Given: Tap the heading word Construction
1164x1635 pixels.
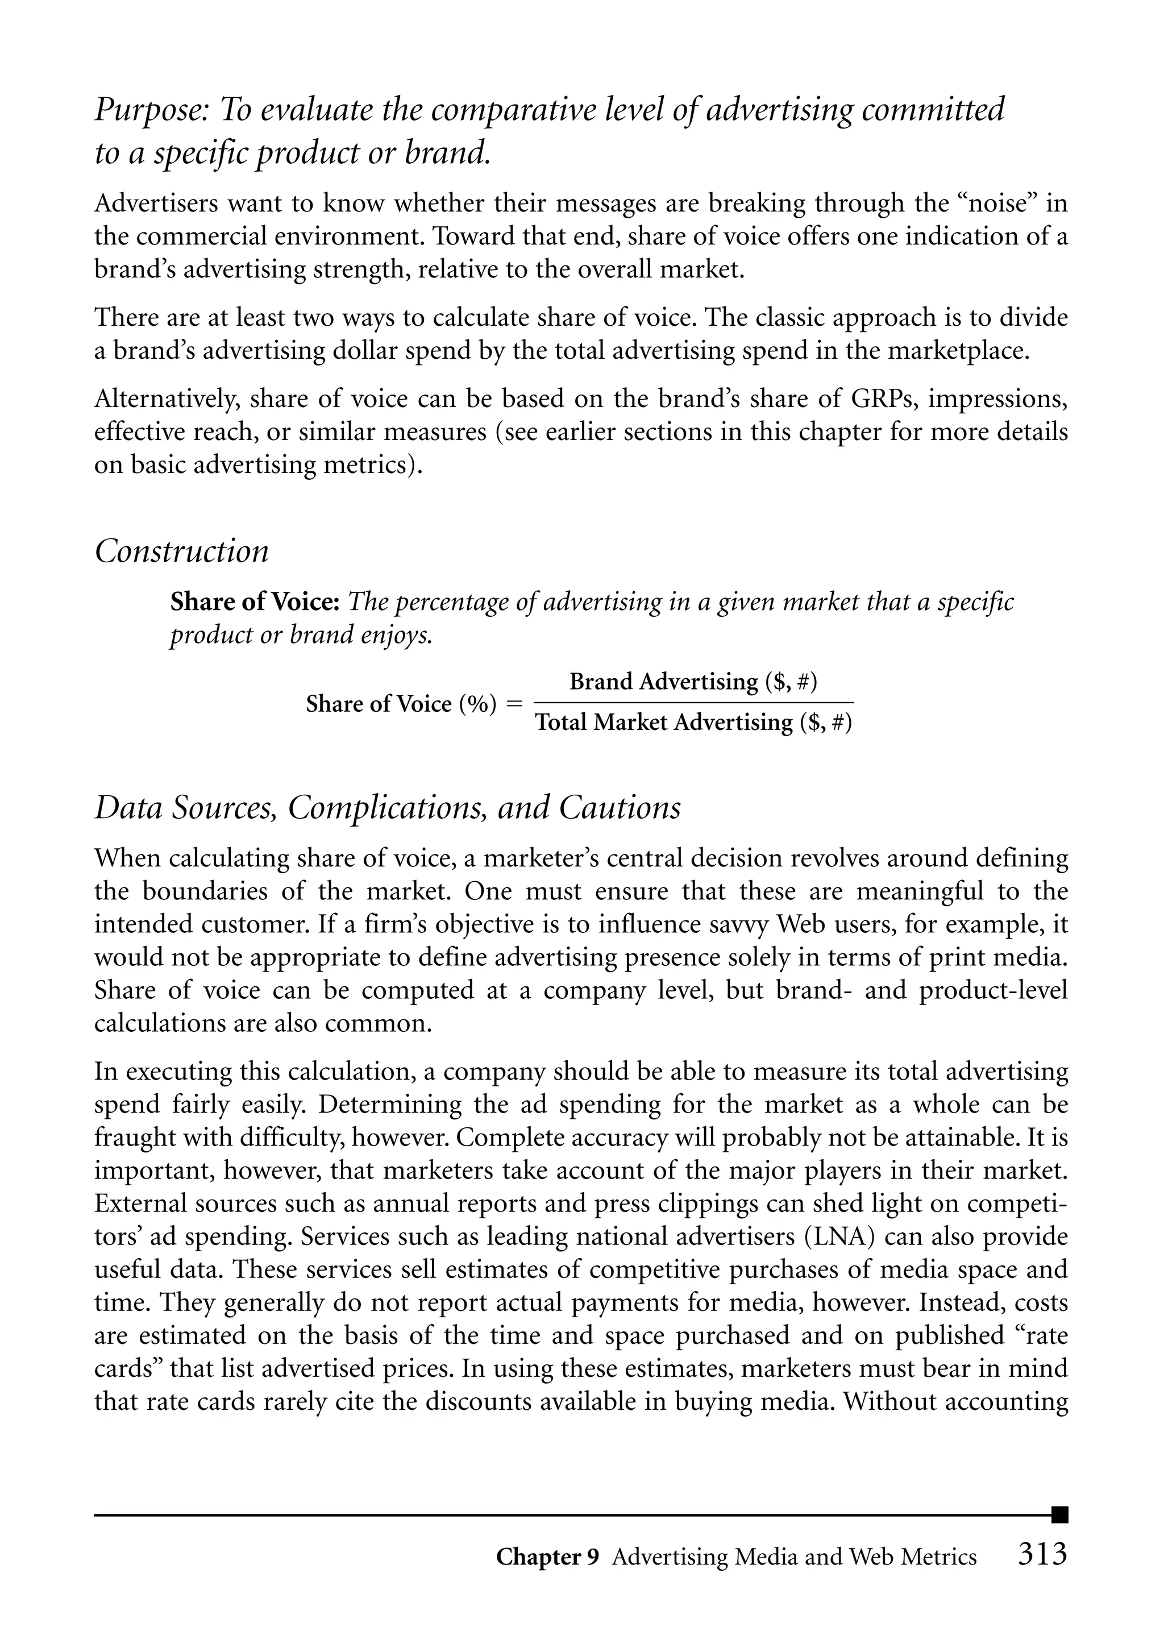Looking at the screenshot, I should pos(181,551).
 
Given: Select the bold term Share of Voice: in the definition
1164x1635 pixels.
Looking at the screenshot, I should pos(255,601).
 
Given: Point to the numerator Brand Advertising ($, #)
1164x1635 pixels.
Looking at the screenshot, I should pos(693,681).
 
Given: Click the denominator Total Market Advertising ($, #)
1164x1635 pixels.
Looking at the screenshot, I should pos(693,722).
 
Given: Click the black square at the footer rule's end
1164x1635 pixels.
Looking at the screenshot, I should pos(1059,1514).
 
